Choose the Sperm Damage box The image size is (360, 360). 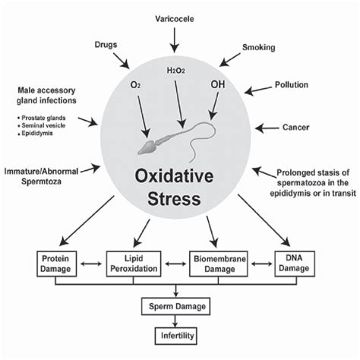pyautogui.click(x=177, y=307)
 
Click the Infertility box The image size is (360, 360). pyautogui.click(x=177, y=334)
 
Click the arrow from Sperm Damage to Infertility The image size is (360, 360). pyautogui.click(x=177, y=321)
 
